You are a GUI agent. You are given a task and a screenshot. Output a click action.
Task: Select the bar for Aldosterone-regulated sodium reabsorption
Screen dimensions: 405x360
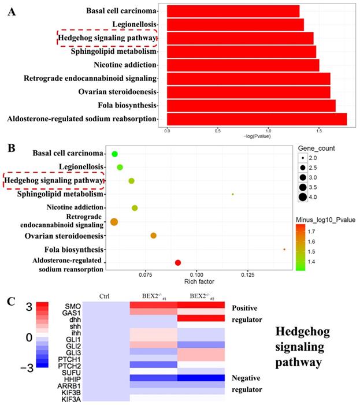pyautogui.click(x=257, y=119)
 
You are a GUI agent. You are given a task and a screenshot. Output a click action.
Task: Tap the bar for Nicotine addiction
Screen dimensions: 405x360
pyautogui.click(x=243, y=65)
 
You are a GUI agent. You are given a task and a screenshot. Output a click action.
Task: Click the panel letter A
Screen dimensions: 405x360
pyautogui.click(x=11, y=12)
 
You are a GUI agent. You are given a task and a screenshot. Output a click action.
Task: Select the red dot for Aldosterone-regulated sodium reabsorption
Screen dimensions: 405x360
pyautogui.click(x=178, y=263)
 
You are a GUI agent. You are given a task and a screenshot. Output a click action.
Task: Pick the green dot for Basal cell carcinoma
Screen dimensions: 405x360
pyautogui.click(x=115, y=154)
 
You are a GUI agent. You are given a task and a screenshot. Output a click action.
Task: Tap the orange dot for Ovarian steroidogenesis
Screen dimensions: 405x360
pyautogui.click(x=154, y=236)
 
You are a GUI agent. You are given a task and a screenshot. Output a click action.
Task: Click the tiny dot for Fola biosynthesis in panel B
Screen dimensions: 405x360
pyautogui.click(x=284, y=250)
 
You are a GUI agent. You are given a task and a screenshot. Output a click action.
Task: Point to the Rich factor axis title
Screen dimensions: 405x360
pyautogui.click(x=199, y=282)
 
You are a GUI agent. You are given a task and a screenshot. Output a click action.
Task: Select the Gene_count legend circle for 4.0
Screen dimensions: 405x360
pyautogui.click(x=302, y=198)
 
